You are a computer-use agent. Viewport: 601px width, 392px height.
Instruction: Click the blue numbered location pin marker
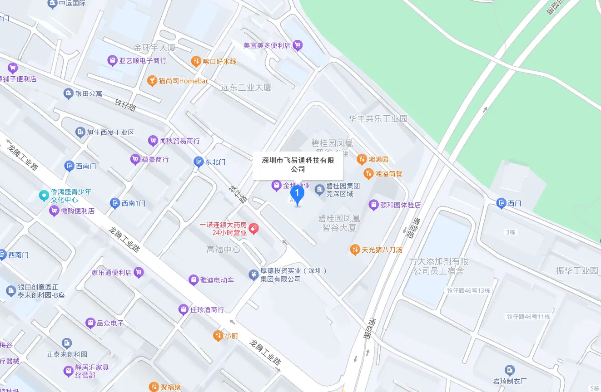tap(297, 195)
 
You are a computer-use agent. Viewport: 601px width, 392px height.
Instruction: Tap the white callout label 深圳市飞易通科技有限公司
tap(298, 165)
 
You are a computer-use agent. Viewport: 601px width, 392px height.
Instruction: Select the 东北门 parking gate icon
tap(198, 162)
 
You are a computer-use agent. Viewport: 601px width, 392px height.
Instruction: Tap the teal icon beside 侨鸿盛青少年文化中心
tap(44, 196)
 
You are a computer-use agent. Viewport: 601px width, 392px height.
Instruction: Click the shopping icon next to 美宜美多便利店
tap(298, 45)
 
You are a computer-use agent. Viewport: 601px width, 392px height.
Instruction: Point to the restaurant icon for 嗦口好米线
tap(196, 61)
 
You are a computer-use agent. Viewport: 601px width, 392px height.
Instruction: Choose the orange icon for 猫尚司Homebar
tap(152, 81)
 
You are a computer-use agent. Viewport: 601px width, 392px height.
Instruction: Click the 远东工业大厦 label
tap(246, 88)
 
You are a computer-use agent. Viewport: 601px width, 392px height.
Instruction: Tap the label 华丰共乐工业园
tap(378, 119)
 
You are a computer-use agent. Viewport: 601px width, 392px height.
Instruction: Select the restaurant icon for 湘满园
tap(362, 159)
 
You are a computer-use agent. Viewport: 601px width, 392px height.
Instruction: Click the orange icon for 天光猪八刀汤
tap(355, 250)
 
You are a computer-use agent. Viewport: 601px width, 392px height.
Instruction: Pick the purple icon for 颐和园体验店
tap(373, 205)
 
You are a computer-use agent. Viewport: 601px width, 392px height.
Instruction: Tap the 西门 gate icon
tap(501, 203)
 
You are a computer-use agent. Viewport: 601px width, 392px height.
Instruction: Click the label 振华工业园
tap(577, 270)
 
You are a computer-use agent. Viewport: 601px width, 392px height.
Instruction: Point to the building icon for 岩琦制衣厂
tap(510, 371)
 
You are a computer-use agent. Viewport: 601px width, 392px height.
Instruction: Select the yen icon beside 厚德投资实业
tap(253, 274)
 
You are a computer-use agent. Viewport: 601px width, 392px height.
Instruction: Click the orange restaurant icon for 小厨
tap(218, 336)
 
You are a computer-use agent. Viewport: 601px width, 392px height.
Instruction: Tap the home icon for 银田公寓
tap(68, 94)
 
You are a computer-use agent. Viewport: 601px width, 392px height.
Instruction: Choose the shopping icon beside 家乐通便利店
tap(139, 273)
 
